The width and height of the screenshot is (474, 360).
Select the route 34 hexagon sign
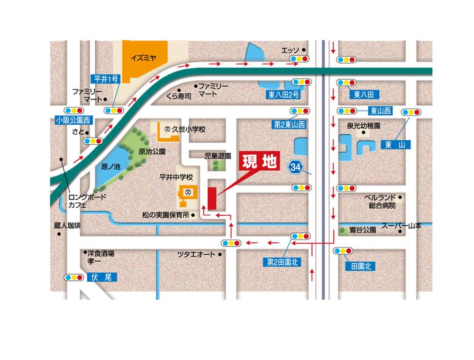point(296,167)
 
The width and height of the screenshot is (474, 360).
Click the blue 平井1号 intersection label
point(106,79)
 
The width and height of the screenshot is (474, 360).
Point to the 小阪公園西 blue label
point(73,120)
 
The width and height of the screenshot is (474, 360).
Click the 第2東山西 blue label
point(289,125)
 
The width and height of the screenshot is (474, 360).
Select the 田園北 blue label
point(361,266)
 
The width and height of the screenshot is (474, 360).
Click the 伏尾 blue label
point(102,277)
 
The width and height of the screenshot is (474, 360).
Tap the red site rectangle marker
point(211,198)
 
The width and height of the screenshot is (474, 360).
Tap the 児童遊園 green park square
point(219,165)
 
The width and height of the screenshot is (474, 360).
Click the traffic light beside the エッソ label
point(300,59)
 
